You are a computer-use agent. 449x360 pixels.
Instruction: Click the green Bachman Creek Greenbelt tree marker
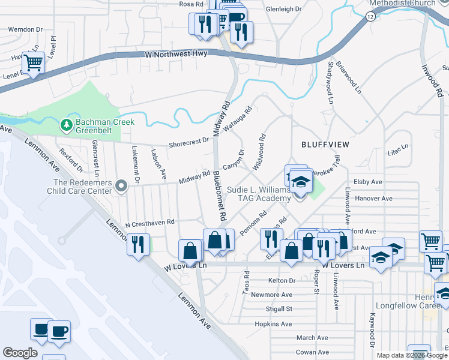67,125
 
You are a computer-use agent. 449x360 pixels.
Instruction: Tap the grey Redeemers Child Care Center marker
121,187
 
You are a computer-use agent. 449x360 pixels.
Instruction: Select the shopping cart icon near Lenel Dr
34,62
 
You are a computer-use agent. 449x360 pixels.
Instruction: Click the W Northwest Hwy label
176,54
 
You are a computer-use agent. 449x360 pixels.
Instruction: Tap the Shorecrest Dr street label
188,142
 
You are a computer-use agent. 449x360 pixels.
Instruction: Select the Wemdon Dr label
26,29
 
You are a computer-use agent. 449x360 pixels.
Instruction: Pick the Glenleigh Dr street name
283,9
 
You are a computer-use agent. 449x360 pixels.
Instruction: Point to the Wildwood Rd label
259,152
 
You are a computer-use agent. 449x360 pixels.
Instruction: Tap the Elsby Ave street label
368,182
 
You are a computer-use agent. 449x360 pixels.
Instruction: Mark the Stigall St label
280,309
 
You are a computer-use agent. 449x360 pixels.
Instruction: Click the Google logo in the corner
20,352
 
